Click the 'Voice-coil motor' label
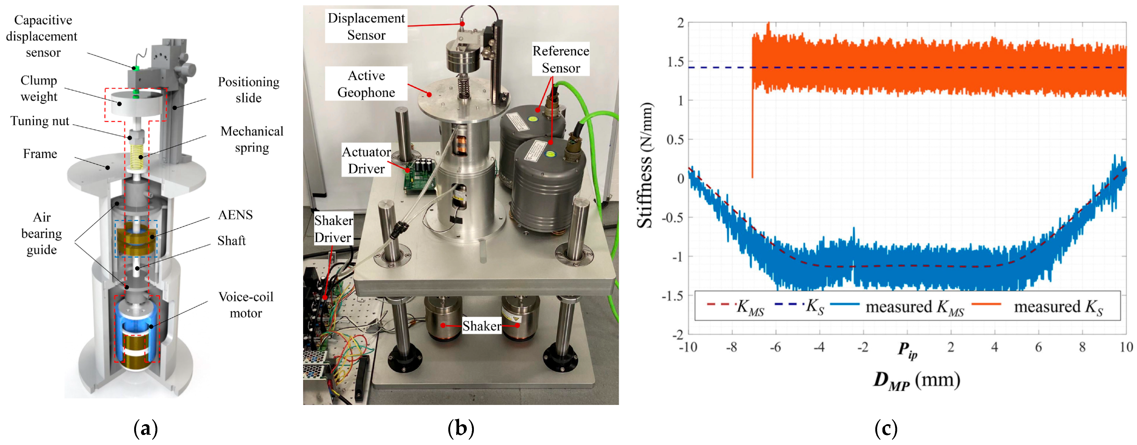tap(246, 304)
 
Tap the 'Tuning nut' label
tap(40, 121)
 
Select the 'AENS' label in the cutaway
tap(235, 215)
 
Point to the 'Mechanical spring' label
tap(252, 139)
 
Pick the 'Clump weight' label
tap(39, 88)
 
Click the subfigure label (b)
tap(461, 428)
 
